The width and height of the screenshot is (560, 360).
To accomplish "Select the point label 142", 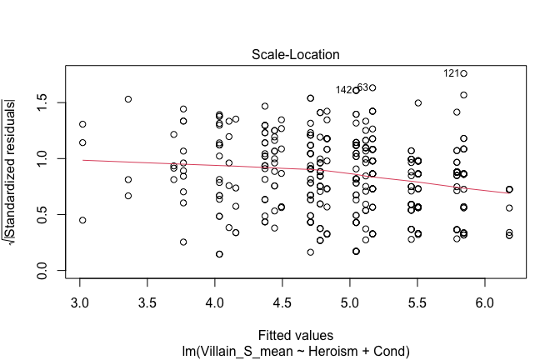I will [x=343, y=90].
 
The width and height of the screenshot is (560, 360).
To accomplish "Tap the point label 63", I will [x=362, y=87].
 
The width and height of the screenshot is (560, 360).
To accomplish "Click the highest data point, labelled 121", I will [x=463, y=73].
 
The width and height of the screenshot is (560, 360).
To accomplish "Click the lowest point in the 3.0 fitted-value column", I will [x=82, y=220].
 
